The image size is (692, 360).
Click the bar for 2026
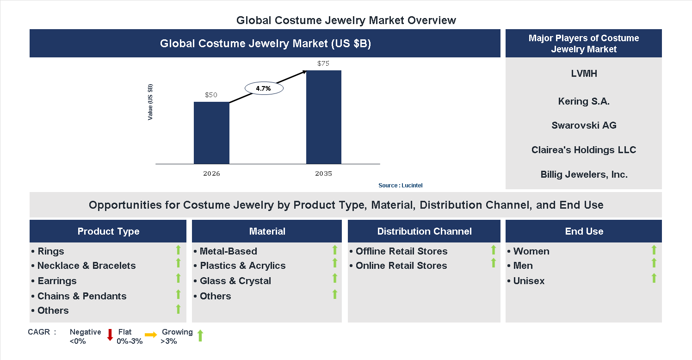point(211,133)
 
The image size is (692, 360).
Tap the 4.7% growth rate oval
point(264,88)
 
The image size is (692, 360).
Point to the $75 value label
point(323,63)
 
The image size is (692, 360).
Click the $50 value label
point(211,95)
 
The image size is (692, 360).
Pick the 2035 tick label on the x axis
point(323,174)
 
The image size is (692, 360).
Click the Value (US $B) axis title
point(150,102)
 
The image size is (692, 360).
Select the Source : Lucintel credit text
point(400,186)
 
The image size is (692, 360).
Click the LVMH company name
point(584,74)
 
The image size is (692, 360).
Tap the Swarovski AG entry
point(584,125)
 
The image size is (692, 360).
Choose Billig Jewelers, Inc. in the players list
point(584,174)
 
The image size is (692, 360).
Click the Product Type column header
point(108,231)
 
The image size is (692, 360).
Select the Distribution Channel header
point(424,231)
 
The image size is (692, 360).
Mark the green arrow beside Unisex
point(654,278)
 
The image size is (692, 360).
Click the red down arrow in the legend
point(110,335)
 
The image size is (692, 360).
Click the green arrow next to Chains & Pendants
point(178,294)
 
